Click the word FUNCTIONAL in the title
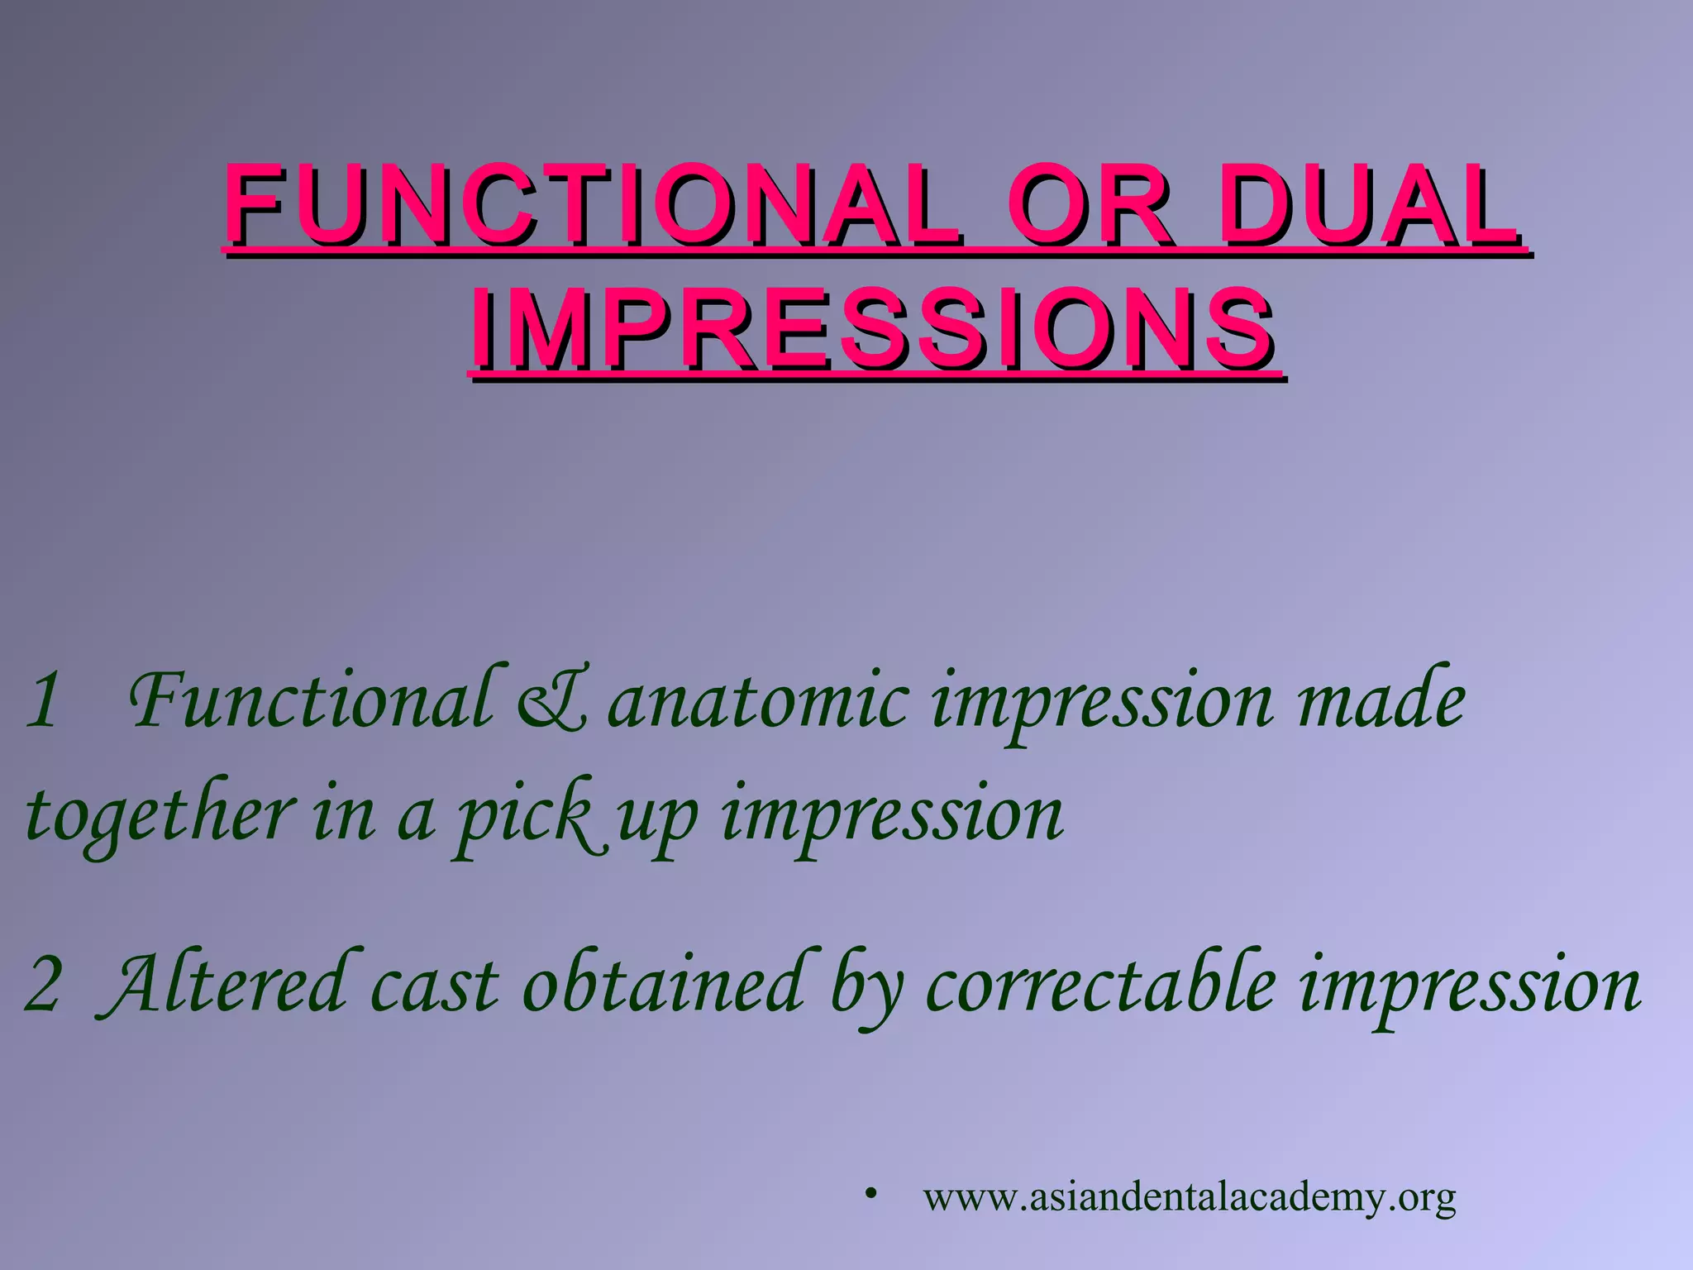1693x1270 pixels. (591, 204)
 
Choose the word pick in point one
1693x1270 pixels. (526, 817)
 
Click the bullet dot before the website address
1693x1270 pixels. (870, 1194)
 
